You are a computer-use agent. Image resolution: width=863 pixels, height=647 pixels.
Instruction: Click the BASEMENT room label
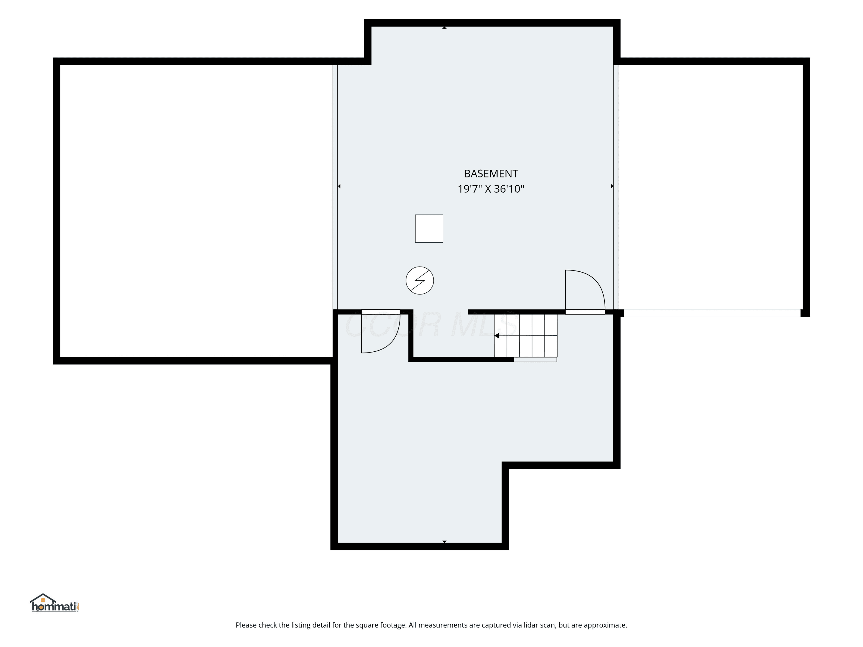tap(491, 174)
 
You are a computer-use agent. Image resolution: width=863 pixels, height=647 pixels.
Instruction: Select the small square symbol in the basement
tap(429, 229)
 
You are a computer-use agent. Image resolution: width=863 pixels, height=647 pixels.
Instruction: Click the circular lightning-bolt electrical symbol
tap(420, 280)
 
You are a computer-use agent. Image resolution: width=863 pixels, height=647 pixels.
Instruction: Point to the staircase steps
tap(526, 335)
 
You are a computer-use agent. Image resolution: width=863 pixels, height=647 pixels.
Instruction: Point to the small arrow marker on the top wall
tap(444, 28)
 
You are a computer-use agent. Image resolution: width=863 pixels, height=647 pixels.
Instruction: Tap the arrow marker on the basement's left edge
tap(339, 186)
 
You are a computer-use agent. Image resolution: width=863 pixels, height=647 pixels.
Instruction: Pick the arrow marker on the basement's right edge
tap(612, 186)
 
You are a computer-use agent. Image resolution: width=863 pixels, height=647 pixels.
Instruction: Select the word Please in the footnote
tap(246, 625)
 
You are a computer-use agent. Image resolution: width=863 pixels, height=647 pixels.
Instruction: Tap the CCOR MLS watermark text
tap(431, 325)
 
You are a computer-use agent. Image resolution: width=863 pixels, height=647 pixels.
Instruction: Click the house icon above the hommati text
tap(43, 598)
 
